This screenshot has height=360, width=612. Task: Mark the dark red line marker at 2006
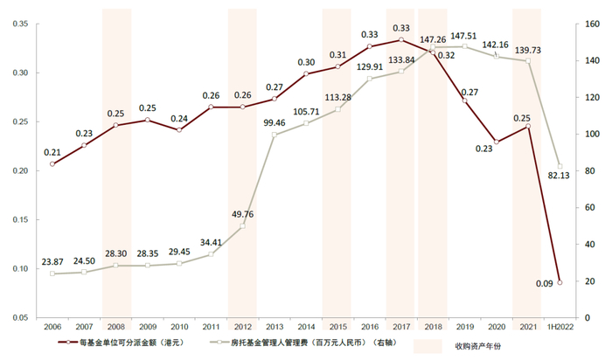(52, 163)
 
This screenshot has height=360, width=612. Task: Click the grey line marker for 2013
(274, 135)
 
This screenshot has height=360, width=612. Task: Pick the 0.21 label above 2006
(53, 152)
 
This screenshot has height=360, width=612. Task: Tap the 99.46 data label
(274, 123)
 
